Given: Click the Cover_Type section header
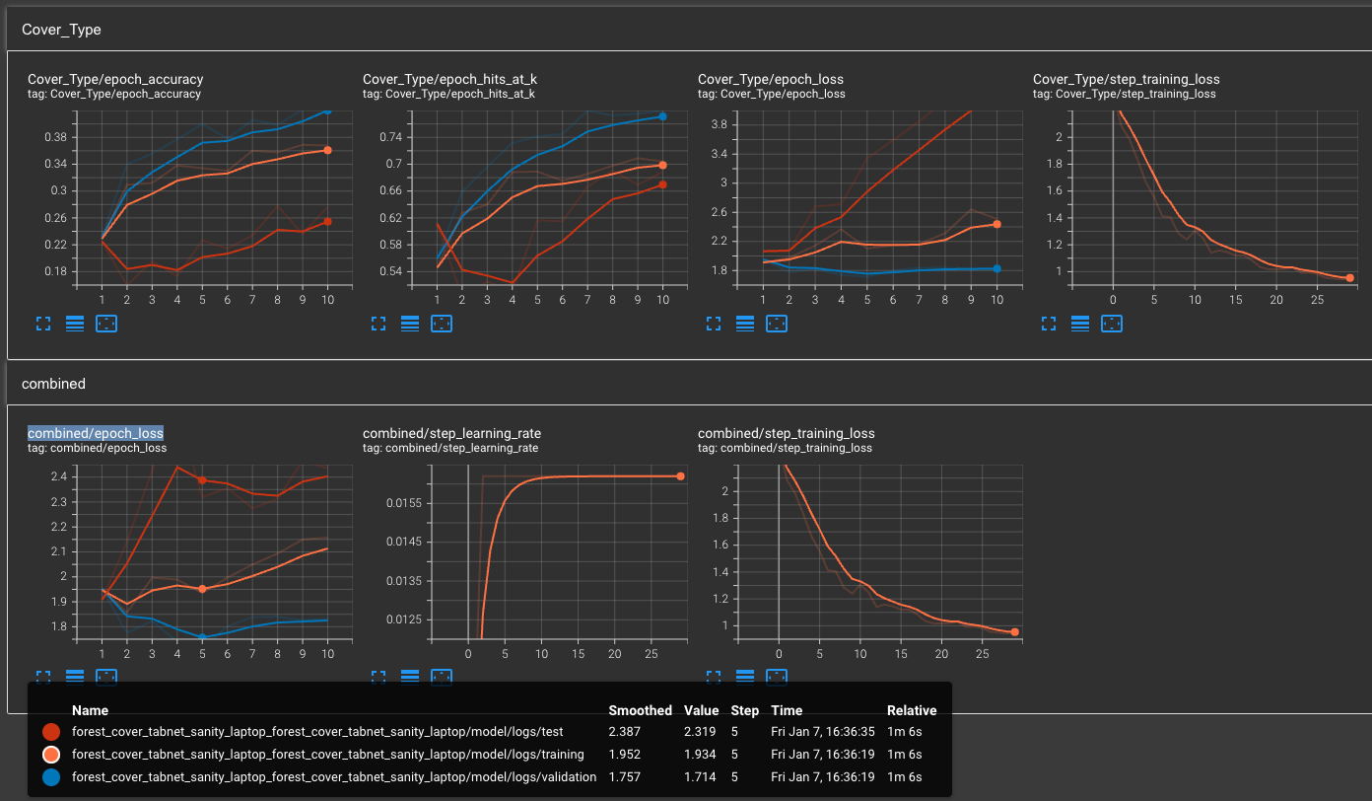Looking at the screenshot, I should point(61,30).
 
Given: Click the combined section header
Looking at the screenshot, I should point(53,384).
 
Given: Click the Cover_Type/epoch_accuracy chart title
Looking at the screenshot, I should point(115,79).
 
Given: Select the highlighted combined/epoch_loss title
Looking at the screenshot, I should point(96,433).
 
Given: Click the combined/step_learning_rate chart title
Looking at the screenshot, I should point(451,433).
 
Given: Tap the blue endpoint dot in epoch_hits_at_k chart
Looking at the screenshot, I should point(662,116).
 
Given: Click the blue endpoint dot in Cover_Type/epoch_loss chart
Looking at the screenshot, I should point(996,268).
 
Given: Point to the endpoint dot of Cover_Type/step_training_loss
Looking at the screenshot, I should point(1349,278).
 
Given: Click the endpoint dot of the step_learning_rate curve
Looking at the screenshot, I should point(680,476).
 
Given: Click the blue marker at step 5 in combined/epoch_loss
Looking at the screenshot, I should point(202,637).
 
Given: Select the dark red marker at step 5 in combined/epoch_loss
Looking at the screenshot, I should point(202,480).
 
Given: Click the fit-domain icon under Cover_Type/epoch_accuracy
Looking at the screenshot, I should point(106,324).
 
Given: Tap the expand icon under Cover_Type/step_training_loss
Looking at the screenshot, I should point(1049,324).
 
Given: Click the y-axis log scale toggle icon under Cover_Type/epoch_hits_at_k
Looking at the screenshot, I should point(410,324).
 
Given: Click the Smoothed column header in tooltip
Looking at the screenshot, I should point(640,710).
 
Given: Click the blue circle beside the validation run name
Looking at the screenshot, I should point(51,776).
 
